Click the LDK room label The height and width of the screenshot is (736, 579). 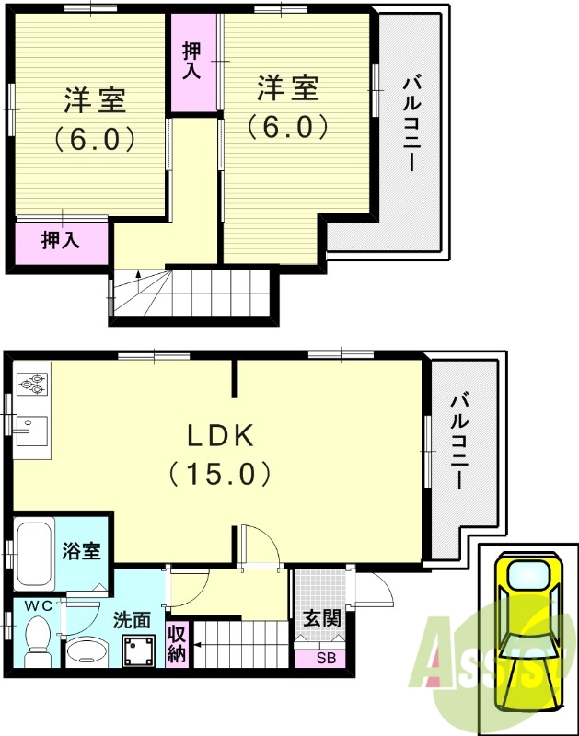click(x=221, y=435)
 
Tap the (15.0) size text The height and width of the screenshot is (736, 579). click(x=220, y=473)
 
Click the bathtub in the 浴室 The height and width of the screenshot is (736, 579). click(x=34, y=554)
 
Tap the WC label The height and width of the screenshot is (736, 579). click(x=39, y=606)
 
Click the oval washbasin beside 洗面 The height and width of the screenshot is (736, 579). click(x=86, y=651)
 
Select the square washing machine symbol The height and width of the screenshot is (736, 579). click(x=139, y=650)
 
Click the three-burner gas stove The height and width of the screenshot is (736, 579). click(x=32, y=383)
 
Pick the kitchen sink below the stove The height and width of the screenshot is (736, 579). click(x=32, y=431)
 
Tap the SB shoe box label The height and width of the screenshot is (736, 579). click(x=326, y=658)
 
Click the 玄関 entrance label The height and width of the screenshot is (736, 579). click(x=321, y=618)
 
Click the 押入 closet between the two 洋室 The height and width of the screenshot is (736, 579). click(x=193, y=62)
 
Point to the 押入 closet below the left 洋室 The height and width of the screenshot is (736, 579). click(x=62, y=243)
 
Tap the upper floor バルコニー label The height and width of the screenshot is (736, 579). click(x=410, y=123)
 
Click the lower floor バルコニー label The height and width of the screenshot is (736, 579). click(x=459, y=442)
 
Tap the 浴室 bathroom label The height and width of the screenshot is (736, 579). click(x=82, y=550)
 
